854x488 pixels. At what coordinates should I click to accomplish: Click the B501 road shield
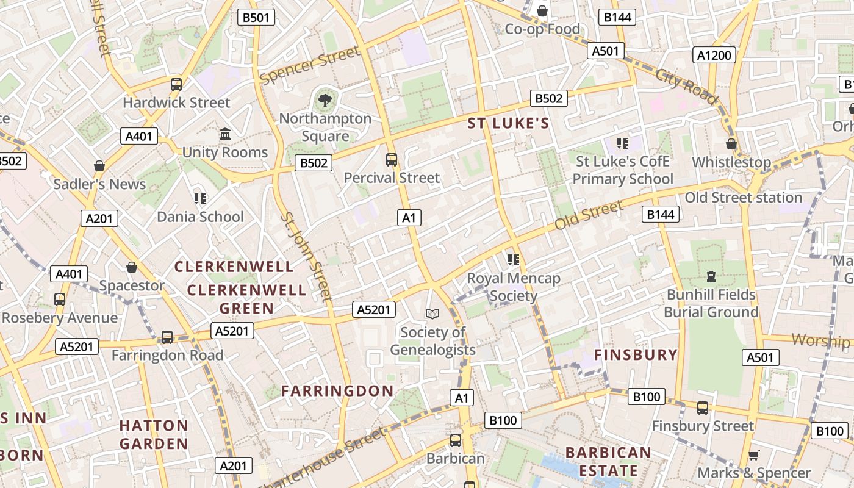tap(256, 17)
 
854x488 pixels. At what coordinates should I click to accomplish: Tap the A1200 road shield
tap(714, 56)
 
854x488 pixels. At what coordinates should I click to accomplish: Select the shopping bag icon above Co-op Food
tap(542, 11)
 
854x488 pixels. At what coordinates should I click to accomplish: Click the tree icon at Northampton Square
tap(325, 99)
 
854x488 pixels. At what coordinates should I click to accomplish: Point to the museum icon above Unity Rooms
tap(225, 134)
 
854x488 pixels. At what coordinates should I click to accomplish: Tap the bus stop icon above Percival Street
tap(392, 160)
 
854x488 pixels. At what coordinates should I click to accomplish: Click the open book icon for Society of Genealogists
tap(432, 314)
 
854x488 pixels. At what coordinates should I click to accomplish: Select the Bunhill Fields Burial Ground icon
tap(711, 276)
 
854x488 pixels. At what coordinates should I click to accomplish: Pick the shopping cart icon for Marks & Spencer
tap(753, 455)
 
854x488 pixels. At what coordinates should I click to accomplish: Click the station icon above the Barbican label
tap(455, 440)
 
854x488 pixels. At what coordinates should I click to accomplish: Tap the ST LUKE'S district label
tap(508, 123)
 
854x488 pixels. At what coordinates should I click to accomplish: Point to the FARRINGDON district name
tap(337, 391)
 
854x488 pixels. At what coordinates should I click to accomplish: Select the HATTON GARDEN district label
tap(154, 434)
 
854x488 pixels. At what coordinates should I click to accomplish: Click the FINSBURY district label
tap(636, 354)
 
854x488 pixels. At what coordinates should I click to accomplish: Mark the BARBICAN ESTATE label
tap(608, 462)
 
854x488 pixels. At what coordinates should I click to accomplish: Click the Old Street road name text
tap(589, 215)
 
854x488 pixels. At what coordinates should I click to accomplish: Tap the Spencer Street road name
tap(310, 66)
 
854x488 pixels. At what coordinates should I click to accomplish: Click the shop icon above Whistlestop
tap(731, 145)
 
